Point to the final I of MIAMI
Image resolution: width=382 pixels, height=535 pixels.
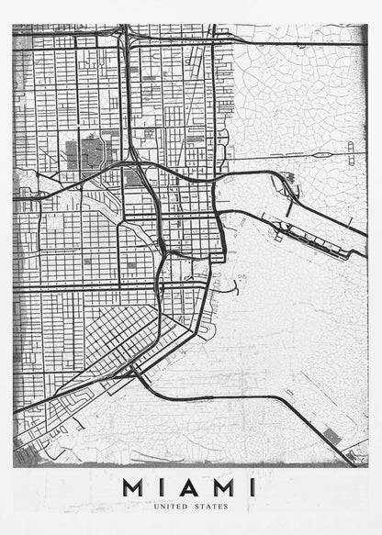coord(252,486)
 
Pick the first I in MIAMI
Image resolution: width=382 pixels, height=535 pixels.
coord(162,486)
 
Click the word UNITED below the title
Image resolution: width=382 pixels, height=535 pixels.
coord(172,506)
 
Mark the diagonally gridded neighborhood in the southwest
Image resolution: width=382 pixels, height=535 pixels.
coord(119,331)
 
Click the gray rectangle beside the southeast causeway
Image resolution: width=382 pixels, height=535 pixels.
coord(332,437)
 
